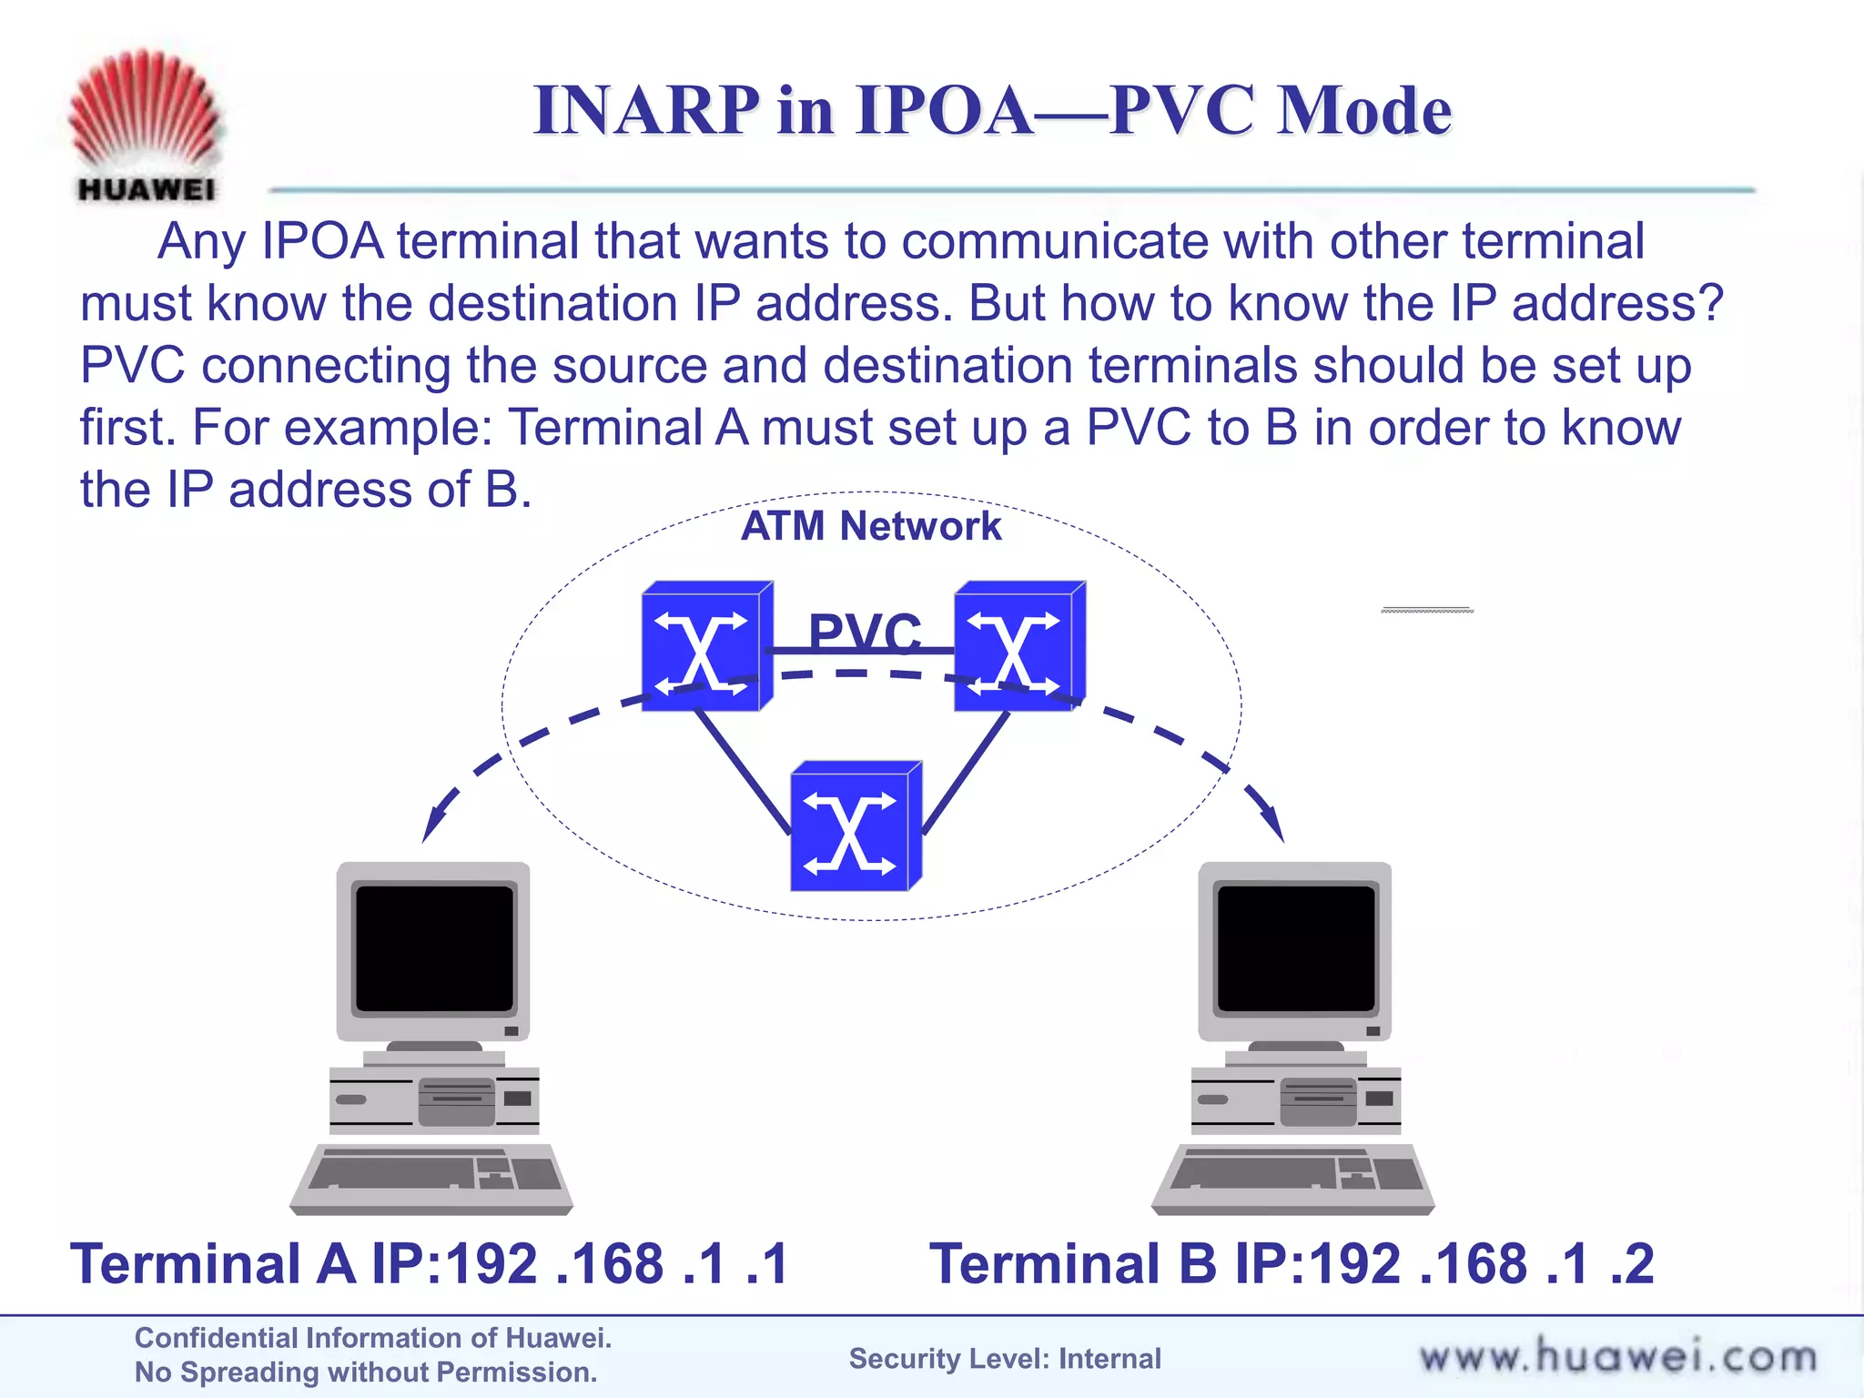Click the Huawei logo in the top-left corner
pos(146,126)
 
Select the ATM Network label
pos(871,526)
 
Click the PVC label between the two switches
pos(865,631)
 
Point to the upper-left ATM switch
pos(706,647)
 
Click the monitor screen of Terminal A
pos(434,948)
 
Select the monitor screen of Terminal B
pos(1296,948)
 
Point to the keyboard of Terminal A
pos(431,1177)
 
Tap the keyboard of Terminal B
pos(1293,1177)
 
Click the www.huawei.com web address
pos(1617,1357)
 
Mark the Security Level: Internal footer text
pos(1005,1359)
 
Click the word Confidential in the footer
pos(215,1338)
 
